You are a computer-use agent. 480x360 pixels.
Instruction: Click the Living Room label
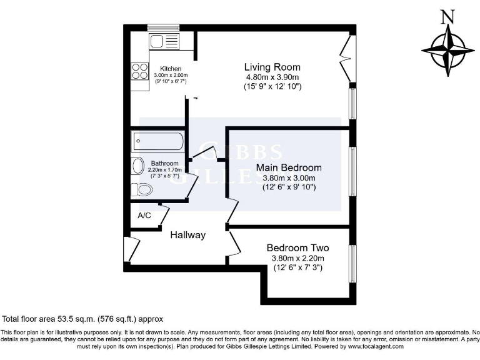tap(272, 67)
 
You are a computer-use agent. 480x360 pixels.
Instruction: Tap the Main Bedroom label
tap(289, 167)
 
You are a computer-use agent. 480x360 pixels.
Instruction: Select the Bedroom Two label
tap(297, 247)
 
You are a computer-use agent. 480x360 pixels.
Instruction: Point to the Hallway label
tap(187, 235)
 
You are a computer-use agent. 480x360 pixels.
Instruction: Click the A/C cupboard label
tap(144, 216)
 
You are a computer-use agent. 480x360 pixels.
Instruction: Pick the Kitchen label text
tap(171, 69)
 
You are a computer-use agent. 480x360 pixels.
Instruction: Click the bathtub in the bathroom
tap(157, 141)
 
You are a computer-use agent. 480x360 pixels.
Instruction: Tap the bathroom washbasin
tap(137, 166)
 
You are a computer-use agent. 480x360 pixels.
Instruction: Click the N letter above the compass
tap(447, 17)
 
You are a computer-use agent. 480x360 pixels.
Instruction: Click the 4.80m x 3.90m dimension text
tap(272, 77)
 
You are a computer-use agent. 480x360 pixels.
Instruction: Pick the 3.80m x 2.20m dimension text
tap(297, 258)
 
